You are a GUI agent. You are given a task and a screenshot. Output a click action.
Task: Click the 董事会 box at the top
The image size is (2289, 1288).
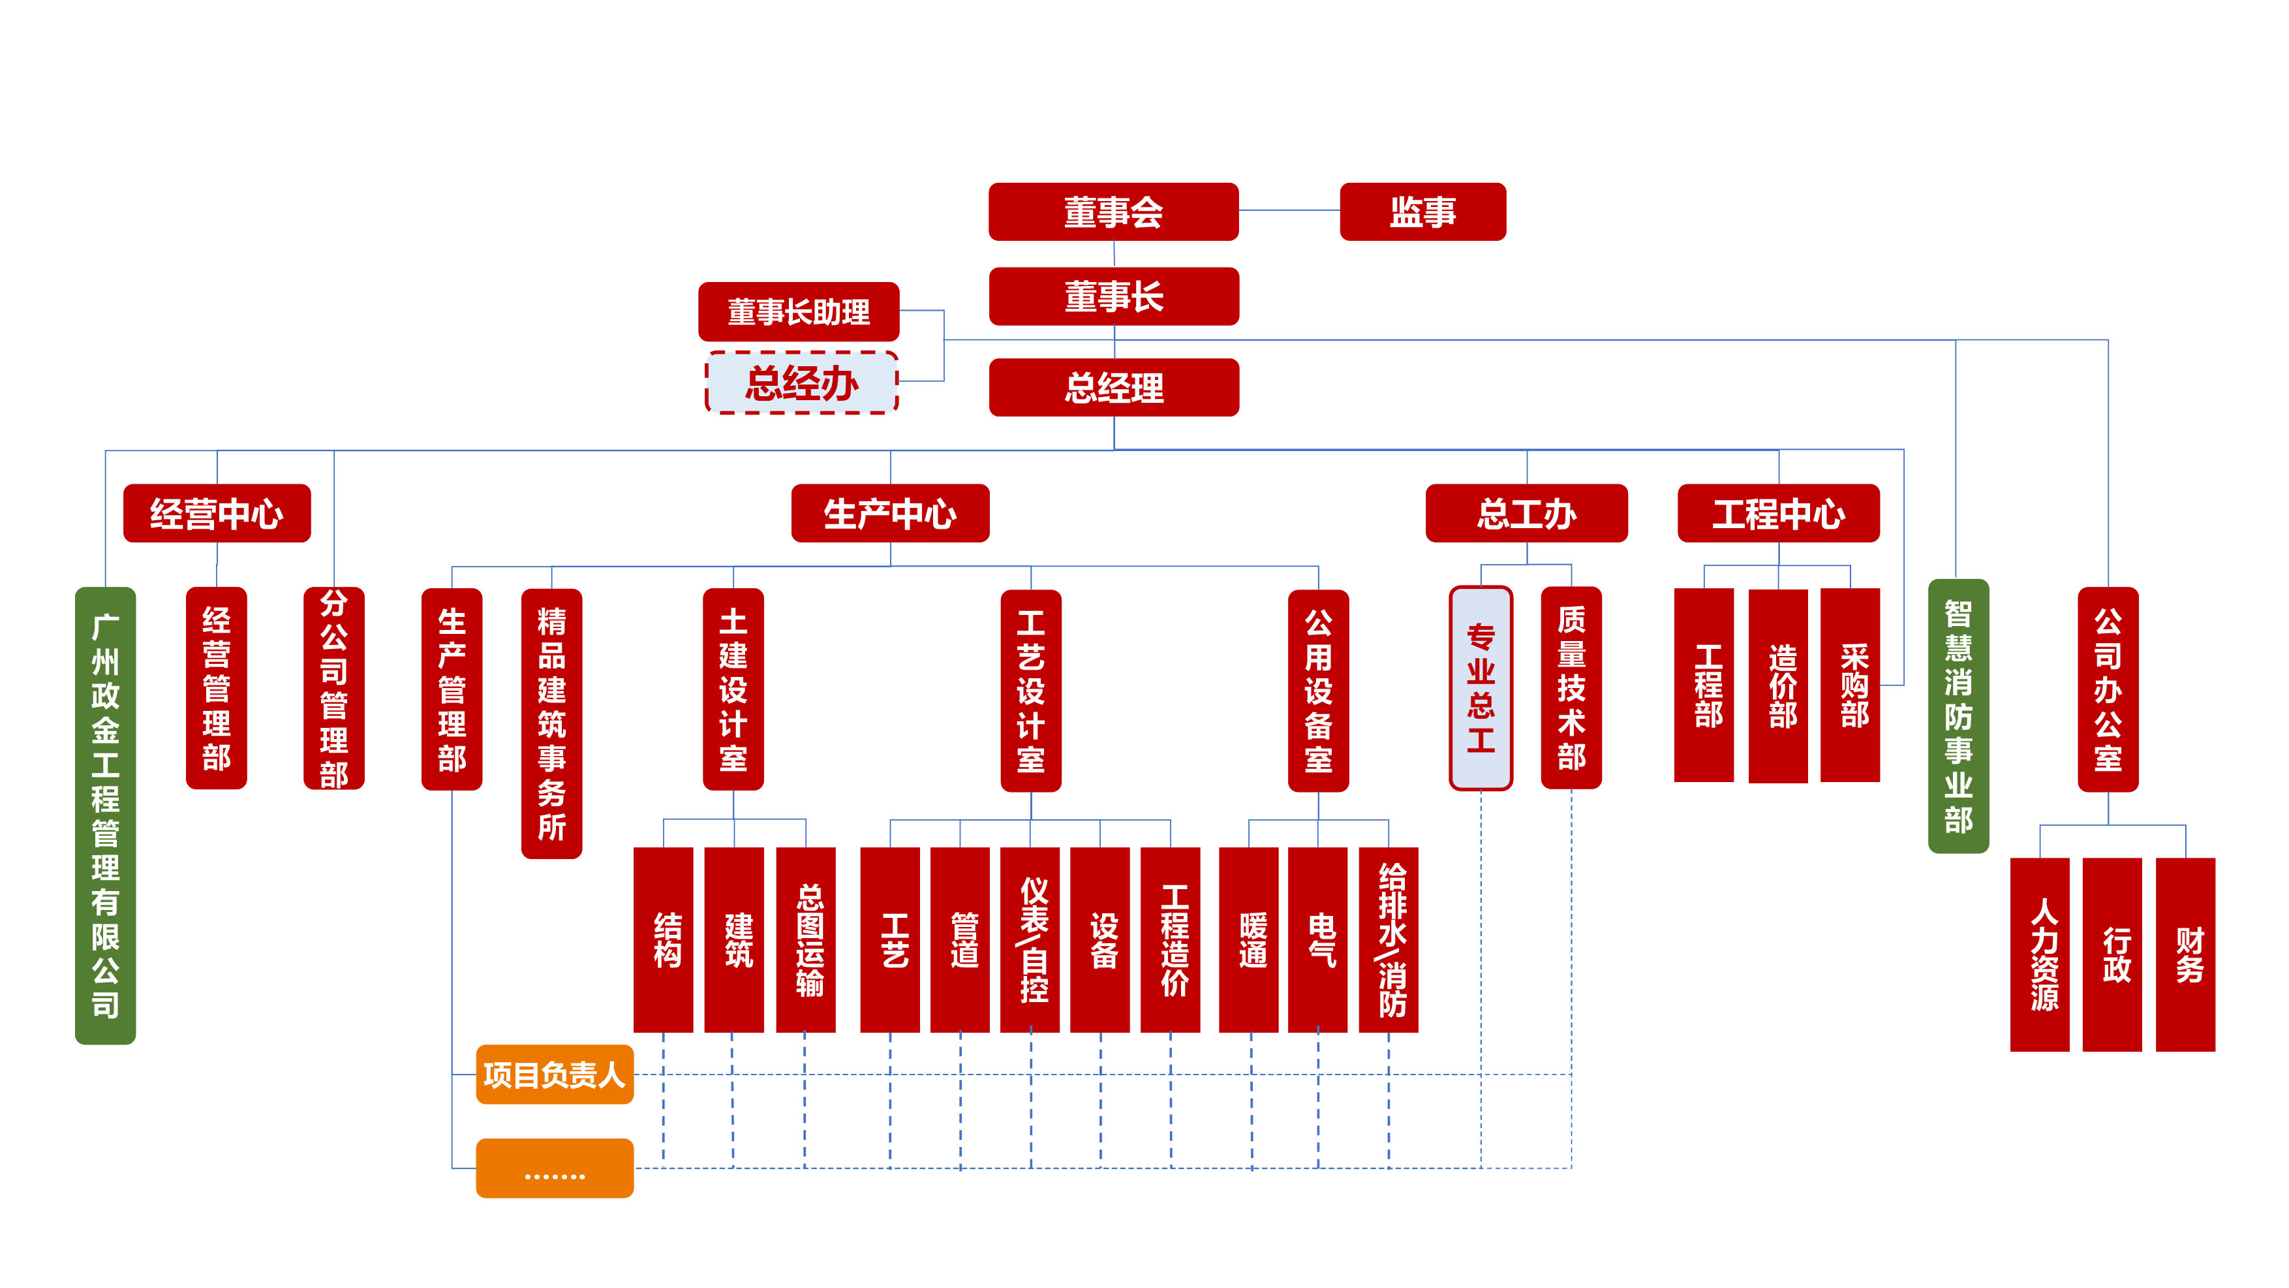tap(1113, 212)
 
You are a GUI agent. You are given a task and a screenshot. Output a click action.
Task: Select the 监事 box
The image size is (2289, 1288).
tap(1422, 212)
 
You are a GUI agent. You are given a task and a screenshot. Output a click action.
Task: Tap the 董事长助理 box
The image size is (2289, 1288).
tap(798, 312)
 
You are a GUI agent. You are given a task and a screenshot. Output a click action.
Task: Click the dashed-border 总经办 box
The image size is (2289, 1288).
tap(801, 383)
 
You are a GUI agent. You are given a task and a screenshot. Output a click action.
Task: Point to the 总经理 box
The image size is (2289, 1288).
tap(1113, 388)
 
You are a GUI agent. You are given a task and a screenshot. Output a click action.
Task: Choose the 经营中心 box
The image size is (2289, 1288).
tap(217, 514)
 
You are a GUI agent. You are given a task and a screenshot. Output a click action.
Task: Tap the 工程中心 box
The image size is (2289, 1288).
tap(1777, 514)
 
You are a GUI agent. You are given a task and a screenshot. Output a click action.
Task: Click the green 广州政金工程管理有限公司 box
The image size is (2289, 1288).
tap(105, 815)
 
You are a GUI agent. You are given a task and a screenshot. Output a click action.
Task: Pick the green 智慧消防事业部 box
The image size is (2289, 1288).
tap(1958, 716)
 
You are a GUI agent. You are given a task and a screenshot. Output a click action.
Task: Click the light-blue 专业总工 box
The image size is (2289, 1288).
tap(1481, 688)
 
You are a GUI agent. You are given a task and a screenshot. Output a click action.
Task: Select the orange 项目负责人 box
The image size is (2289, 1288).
tap(555, 1075)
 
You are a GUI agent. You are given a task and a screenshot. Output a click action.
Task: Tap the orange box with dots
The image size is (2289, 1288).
tap(555, 1168)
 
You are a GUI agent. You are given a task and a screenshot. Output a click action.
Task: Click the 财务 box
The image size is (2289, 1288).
tap(2185, 954)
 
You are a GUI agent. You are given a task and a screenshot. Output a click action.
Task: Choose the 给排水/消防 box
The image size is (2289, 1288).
tap(1388, 939)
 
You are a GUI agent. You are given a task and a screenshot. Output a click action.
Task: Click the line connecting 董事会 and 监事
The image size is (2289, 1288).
tap(1289, 211)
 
